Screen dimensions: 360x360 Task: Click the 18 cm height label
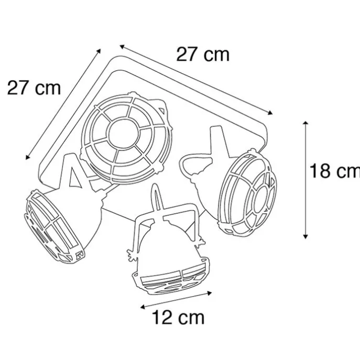pyautogui.click(x=334, y=171)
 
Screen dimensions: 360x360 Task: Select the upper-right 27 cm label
pyautogui.click(x=202, y=54)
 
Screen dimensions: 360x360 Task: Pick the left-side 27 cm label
pyautogui.click(x=34, y=88)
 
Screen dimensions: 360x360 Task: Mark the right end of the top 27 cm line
pyautogui.click(x=273, y=113)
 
